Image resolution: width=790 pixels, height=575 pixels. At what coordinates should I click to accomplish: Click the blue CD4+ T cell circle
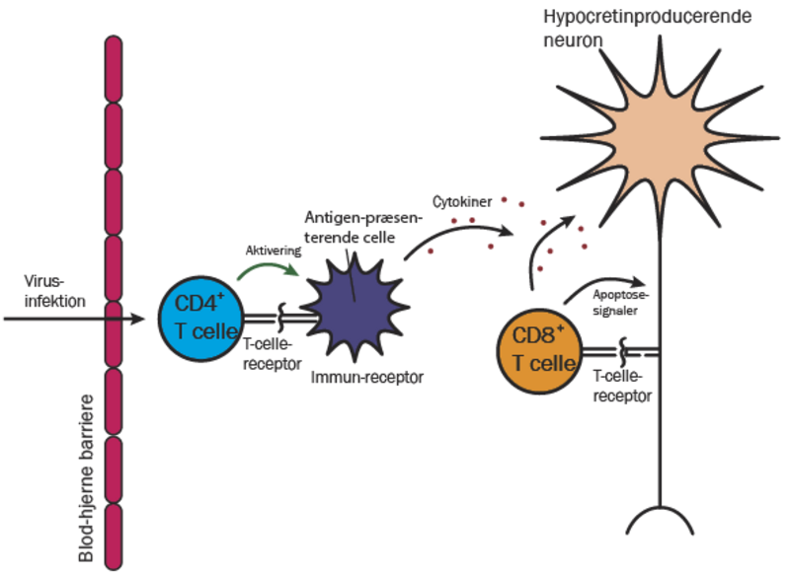(197, 321)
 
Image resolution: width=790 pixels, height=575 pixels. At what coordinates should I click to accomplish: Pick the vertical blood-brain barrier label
(86, 477)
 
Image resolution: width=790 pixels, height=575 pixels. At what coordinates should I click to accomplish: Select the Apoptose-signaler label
(621, 300)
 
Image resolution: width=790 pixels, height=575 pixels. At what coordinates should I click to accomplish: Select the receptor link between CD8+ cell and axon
(612, 350)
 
